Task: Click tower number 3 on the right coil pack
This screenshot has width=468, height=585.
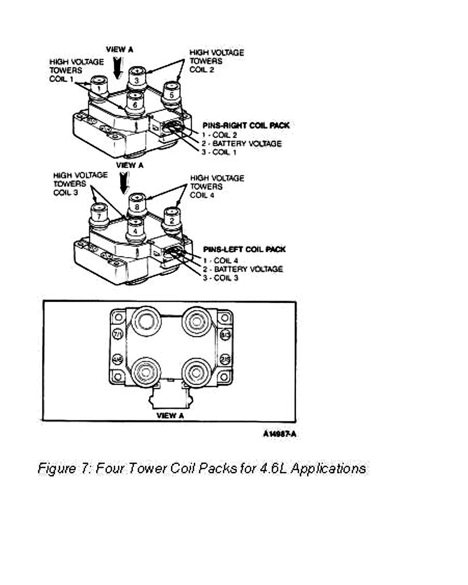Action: click(137, 79)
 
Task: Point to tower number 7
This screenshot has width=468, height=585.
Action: click(98, 216)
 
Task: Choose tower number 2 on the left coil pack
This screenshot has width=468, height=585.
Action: click(172, 220)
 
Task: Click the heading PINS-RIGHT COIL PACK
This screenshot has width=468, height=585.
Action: click(245, 126)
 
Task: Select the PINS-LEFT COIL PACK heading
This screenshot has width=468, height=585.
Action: click(244, 249)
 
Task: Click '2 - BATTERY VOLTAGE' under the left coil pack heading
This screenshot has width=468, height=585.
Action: click(243, 269)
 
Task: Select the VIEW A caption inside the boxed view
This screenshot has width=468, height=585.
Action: click(170, 415)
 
